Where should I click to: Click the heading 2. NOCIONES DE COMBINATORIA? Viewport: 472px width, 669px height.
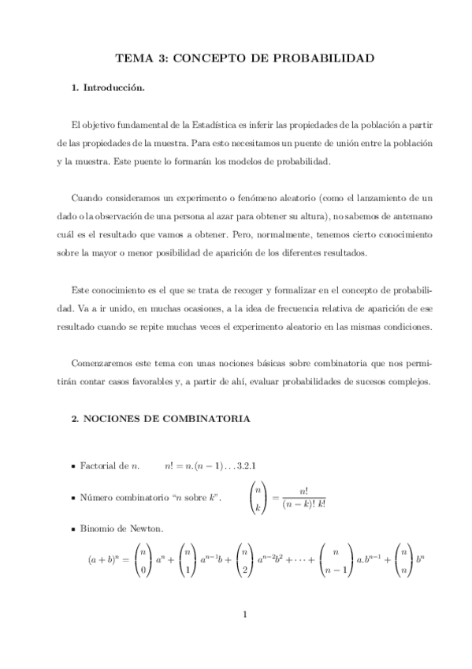(162, 420)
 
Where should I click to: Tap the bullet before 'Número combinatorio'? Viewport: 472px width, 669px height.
(72, 498)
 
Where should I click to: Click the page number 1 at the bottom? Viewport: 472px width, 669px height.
(245, 616)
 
